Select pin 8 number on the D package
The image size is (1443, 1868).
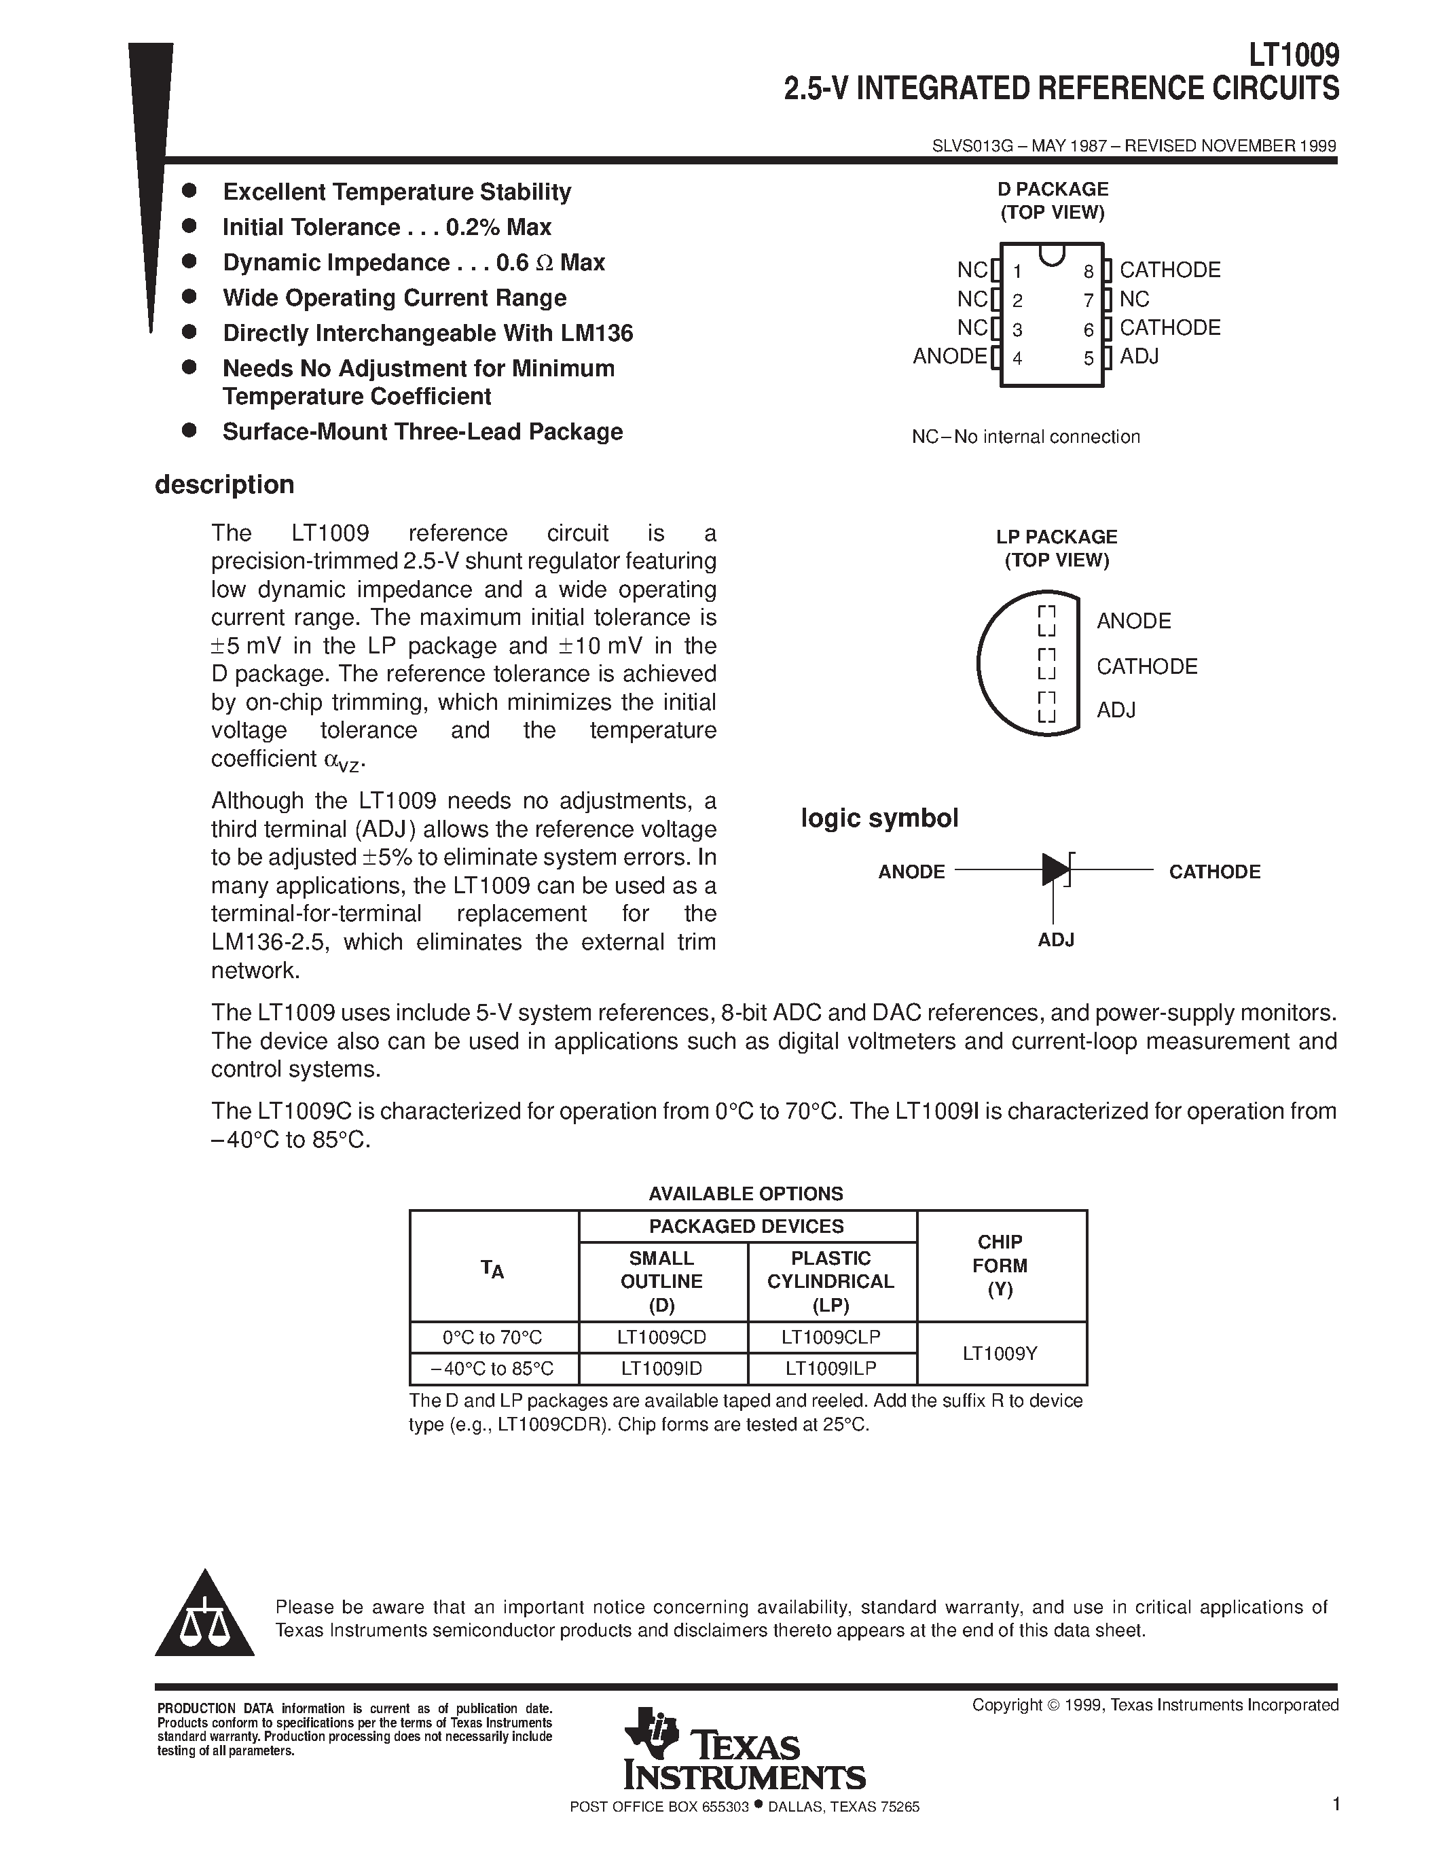1089,272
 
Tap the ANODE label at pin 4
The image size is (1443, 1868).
949,356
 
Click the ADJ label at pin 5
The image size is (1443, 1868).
1139,356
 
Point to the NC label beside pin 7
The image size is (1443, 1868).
1135,300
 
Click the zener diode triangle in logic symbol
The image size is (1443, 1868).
1055,870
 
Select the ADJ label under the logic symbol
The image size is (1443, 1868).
1056,939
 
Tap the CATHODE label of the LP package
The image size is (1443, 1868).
1146,666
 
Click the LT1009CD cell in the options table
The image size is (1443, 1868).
661,1337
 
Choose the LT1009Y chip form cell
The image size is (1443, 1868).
1000,1353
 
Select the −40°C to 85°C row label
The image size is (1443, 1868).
493,1369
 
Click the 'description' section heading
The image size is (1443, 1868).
224,485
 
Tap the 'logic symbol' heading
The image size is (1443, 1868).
879,819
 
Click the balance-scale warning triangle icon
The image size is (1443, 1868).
204,1617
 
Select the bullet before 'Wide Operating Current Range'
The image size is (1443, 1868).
189,297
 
